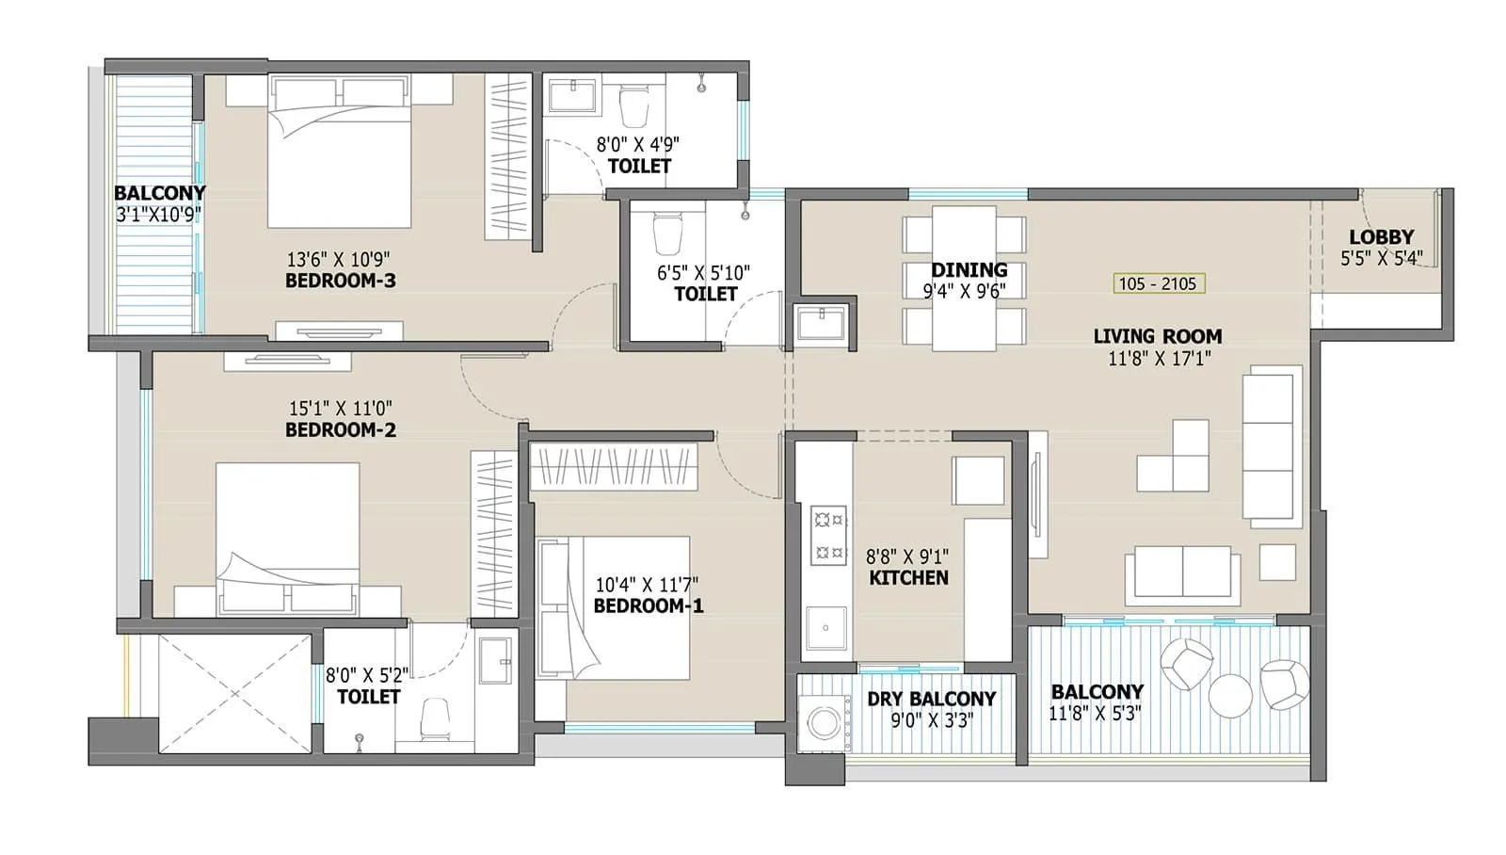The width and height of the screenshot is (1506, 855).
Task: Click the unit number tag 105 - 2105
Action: (1157, 283)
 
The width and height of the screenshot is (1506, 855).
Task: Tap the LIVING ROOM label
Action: (1157, 336)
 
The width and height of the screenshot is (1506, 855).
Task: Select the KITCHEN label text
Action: (908, 578)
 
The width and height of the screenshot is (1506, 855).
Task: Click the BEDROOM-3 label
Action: (340, 281)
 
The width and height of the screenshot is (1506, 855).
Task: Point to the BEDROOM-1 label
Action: (649, 606)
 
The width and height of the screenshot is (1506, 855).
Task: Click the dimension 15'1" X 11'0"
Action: (340, 409)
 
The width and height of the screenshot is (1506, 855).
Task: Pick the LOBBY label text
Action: (1381, 237)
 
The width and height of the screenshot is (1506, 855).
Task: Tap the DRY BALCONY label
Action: (931, 699)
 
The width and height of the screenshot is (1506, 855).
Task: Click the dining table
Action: (964, 279)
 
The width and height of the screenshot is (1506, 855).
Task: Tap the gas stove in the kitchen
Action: (828, 535)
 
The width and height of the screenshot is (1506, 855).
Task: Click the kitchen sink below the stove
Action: (826, 628)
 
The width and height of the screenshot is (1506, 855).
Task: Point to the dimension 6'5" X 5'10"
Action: (703, 273)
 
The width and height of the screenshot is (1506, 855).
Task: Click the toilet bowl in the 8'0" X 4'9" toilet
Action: (635, 105)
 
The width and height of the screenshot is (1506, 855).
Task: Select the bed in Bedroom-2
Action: (287, 537)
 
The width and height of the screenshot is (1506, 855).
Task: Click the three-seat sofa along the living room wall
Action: (1268, 445)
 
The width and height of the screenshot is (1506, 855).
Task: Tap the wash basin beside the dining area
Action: (821, 324)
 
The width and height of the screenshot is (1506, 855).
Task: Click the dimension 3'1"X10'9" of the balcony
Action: (158, 215)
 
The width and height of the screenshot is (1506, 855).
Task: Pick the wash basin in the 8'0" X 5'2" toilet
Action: (495, 659)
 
